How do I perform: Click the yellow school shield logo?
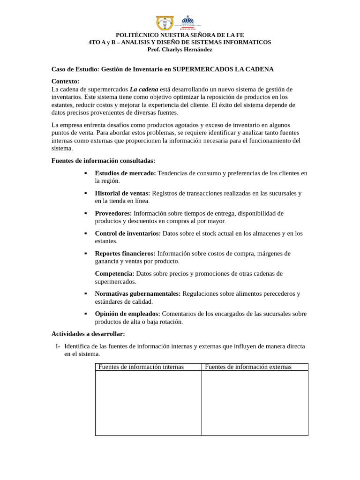click(x=165, y=23)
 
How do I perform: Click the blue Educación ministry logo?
click(x=187, y=22)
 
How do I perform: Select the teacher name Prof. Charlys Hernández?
click(x=180, y=49)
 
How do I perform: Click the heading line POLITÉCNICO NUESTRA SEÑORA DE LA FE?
click(x=180, y=35)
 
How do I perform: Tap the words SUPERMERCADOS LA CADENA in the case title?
click(x=223, y=69)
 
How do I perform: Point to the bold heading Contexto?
click(x=65, y=81)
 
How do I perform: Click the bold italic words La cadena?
click(x=144, y=89)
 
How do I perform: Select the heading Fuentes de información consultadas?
click(x=103, y=161)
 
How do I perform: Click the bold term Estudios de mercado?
click(x=125, y=173)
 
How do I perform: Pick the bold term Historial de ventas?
click(x=122, y=193)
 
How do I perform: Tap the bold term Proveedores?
click(x=113, y=213)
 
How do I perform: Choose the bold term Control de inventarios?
click(x=127, y=233)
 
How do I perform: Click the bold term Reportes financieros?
click(x=125, y=253)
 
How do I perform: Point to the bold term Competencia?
click(x=114, y=273)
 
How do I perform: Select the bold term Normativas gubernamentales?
click(x=138, y=293)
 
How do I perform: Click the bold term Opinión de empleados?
click(x=127, y=314)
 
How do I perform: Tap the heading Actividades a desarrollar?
click(x=88, y=334)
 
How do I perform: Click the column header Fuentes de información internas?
click(x=141, y=367)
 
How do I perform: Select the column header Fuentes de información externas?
click(x=248, y=367)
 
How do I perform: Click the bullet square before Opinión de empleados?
click(x=85, y=314)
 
